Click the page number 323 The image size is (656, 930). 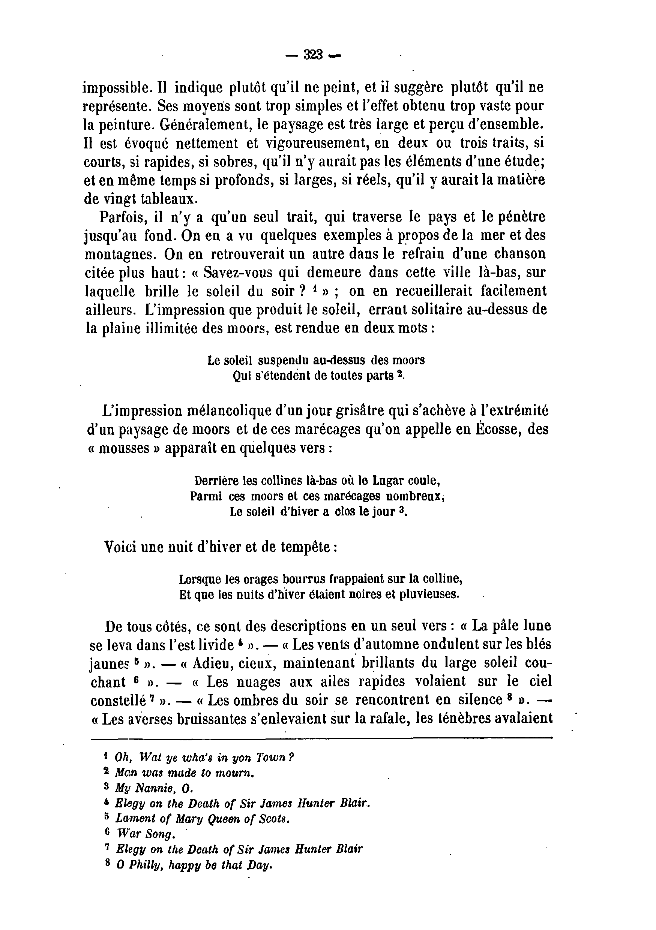313,54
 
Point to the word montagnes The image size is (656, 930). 120,255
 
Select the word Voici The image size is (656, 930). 120,547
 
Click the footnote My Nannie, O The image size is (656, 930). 155,788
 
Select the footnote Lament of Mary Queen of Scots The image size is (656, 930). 203,819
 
